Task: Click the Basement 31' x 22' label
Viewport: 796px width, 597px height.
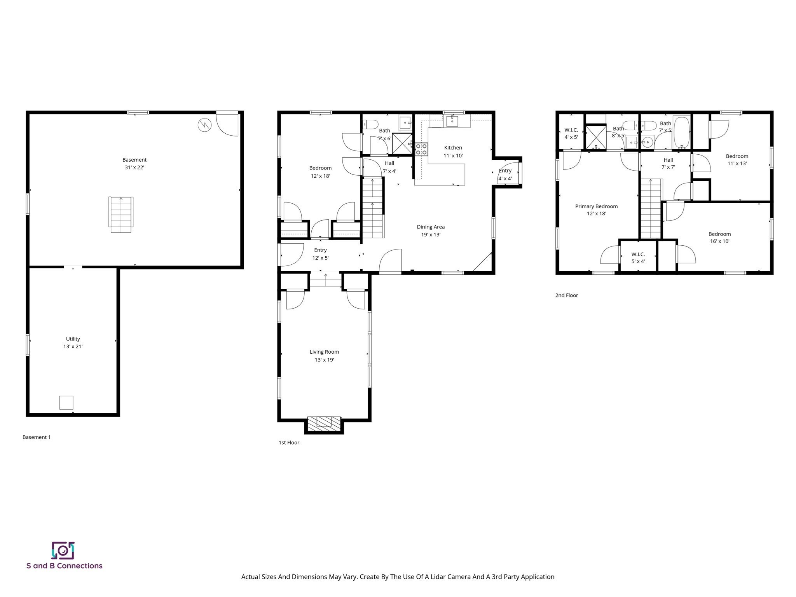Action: pyautogui.click(x=134, y=164)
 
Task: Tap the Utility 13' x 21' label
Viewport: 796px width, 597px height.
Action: pyautogui.click(x=73, y=343)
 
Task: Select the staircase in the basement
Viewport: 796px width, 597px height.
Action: pyautogui.click(x=121, y=215)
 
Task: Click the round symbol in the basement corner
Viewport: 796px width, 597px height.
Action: pyautogui.click(x=204, y=125)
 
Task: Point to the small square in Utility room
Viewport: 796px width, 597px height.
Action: pyautogui.click(x=66, y=402)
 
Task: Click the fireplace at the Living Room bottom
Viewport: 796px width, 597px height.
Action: pyautogui.click(x=324, y=424)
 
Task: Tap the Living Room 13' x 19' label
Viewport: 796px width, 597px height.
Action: pyautogui.click(x=324, y=356)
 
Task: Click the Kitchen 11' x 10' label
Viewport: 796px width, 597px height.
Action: pyautogui.click(x=453, y=152)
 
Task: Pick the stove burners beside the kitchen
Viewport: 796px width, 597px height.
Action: pyautogui.click(x=421, y=149)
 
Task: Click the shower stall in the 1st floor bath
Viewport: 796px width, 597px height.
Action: pyautogui.click(x=402, y=143)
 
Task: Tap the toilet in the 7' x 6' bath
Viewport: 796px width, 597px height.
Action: pyautogui.click(x=370, y=124)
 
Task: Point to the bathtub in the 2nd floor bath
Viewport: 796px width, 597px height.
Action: pyautogui.click(x=681, y=132)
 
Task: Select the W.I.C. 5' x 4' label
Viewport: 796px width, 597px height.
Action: pyautogui.click(x=638, y=258)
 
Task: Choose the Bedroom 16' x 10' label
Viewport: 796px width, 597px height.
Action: pyautogui.click(x=719, y=237)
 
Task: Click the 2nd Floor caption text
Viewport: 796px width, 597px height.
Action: pyautogui.click(x=566, y=295)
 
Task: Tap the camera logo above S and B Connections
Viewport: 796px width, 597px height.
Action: pyautogui.click(x=63, y=550)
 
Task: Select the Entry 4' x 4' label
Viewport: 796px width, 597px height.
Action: pyautogui.click(x=505, y=175)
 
